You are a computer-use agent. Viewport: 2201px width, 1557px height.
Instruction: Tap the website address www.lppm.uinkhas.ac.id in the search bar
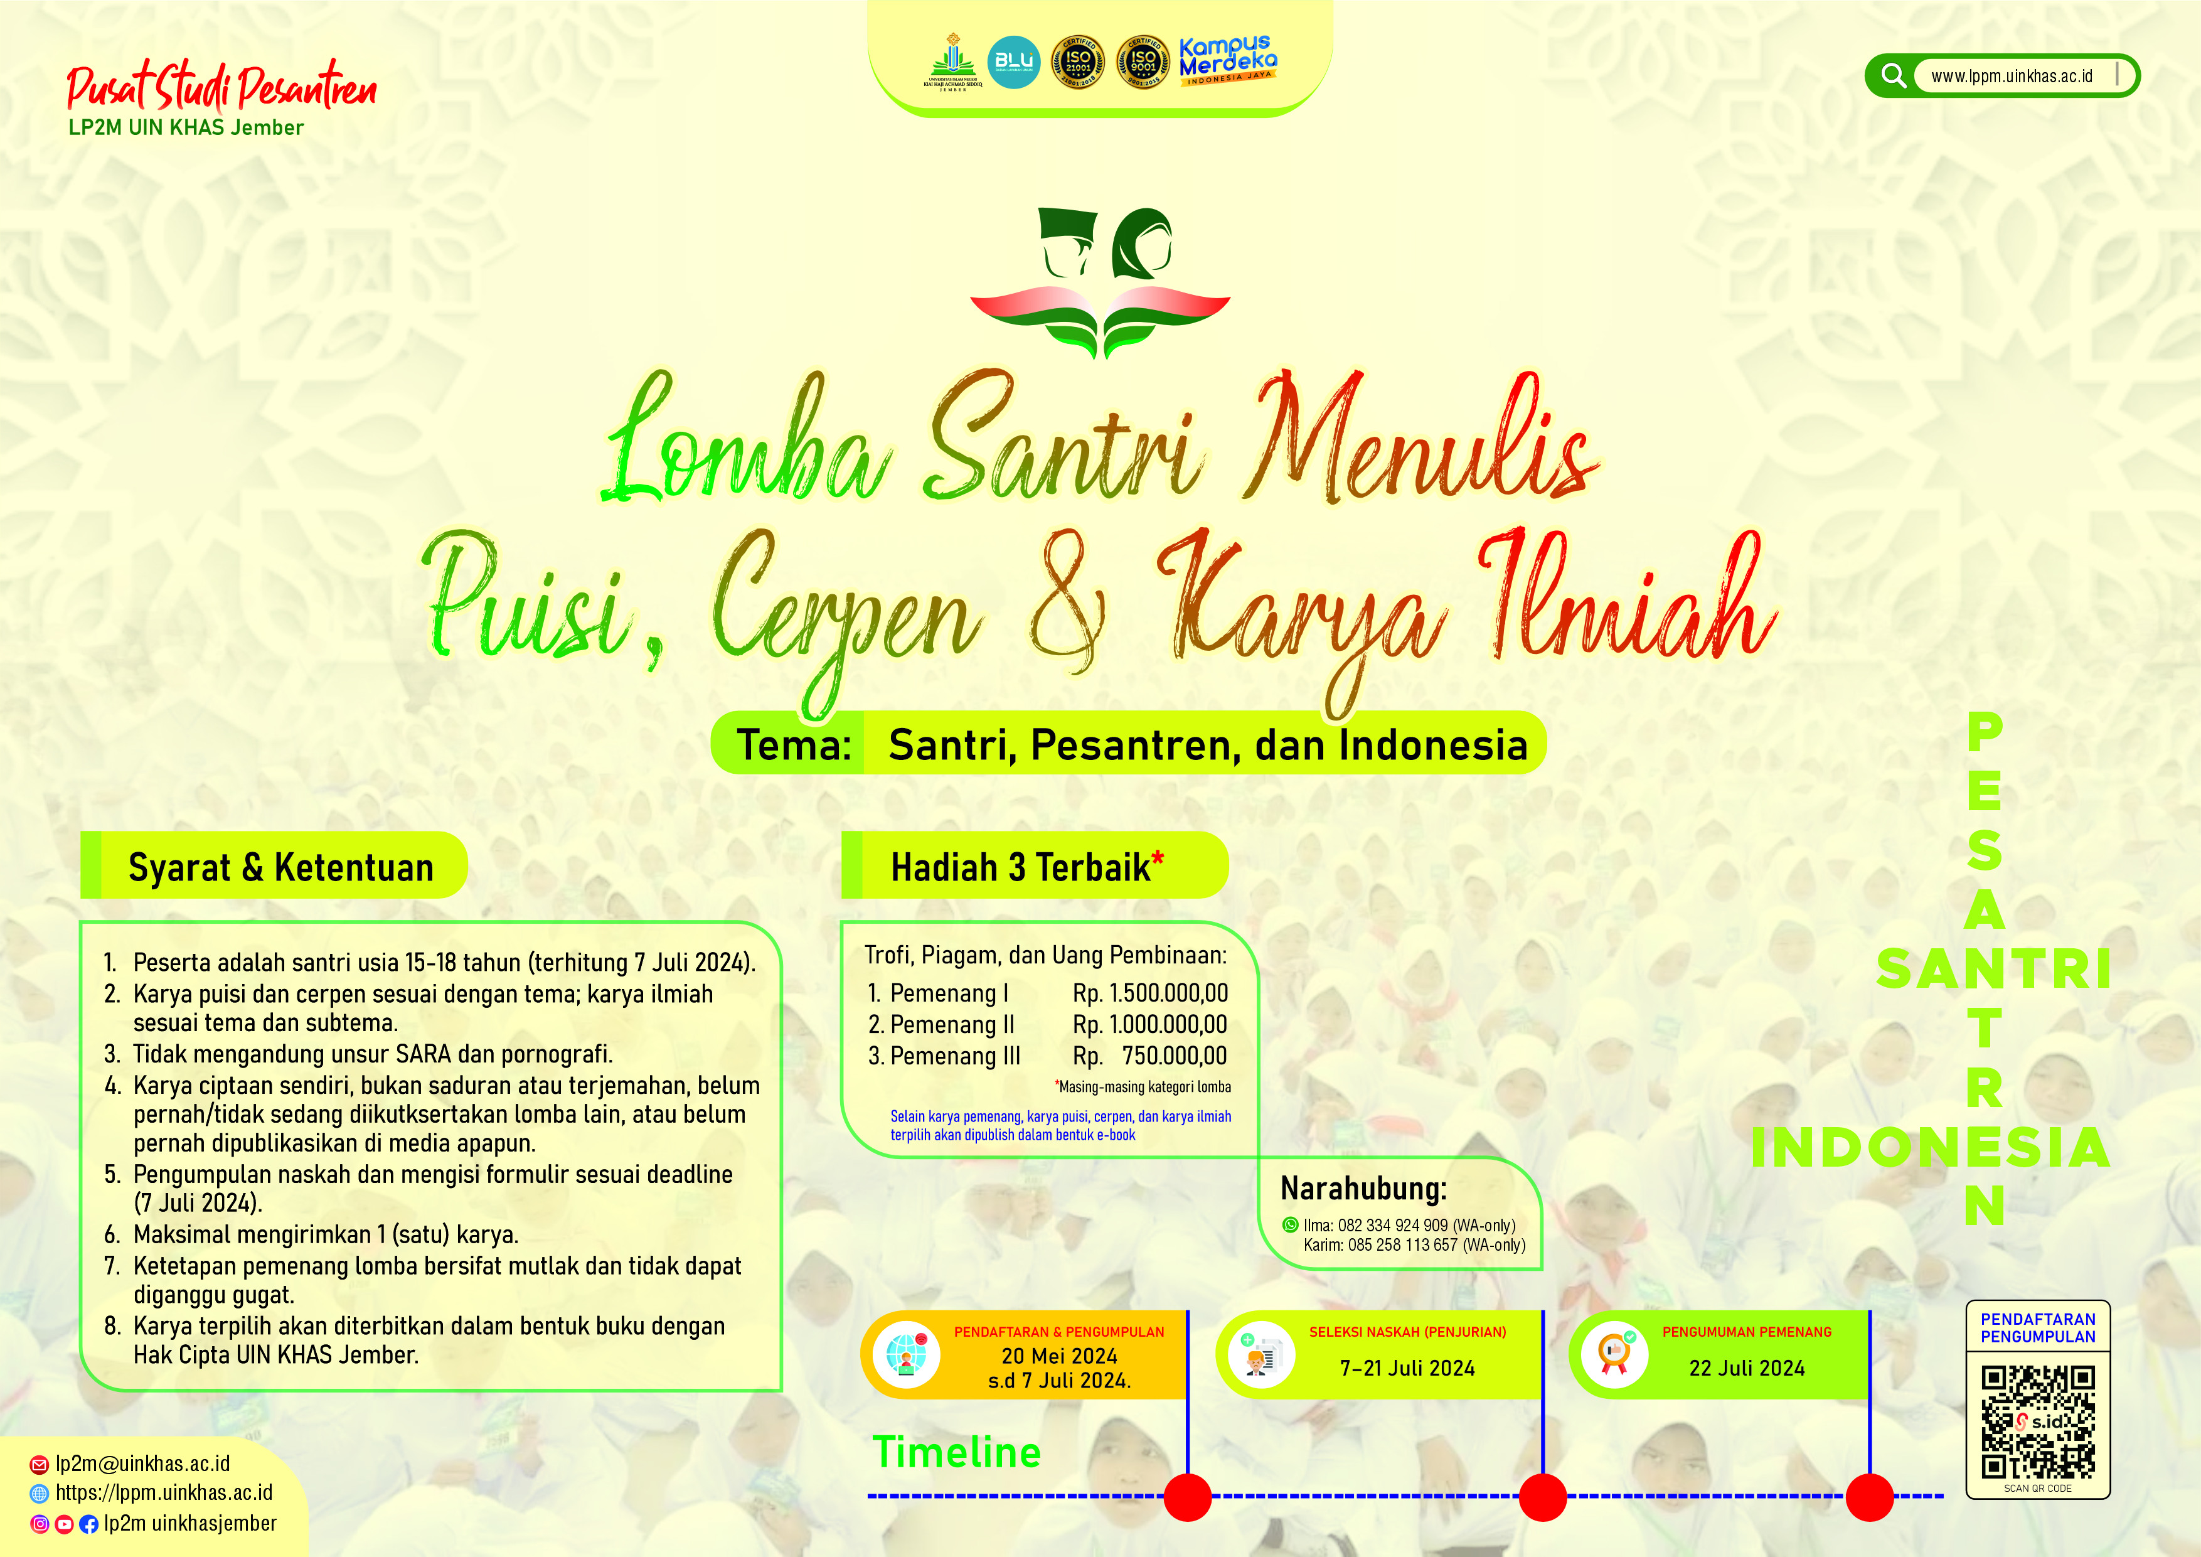pyautogui.click(x=2011, y=77)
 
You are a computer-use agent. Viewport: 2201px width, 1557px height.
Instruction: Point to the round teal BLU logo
pyautogui.click(x=1013, y=62)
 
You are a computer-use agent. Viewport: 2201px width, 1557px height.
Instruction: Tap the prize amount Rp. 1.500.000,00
pyautogui.click(x=1149, y=993)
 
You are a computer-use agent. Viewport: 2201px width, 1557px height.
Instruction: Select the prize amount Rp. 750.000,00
pyautogui.click(x=1149, y=1056)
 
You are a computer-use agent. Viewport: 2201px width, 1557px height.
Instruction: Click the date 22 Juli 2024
pyautogui.click(x=1747, y=1368)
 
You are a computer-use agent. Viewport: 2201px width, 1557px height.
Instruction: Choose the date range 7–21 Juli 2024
pyautogui.click(x=1407, y=1368)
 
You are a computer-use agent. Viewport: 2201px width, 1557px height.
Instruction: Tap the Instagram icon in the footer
pyautogui.click(x=40, y=1524)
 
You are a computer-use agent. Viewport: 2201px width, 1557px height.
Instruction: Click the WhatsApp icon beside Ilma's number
pyautogui.click(x=1291, y=1224)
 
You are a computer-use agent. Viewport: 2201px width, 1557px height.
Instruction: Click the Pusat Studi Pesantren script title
pyautogui.click(x=221, y=88)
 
